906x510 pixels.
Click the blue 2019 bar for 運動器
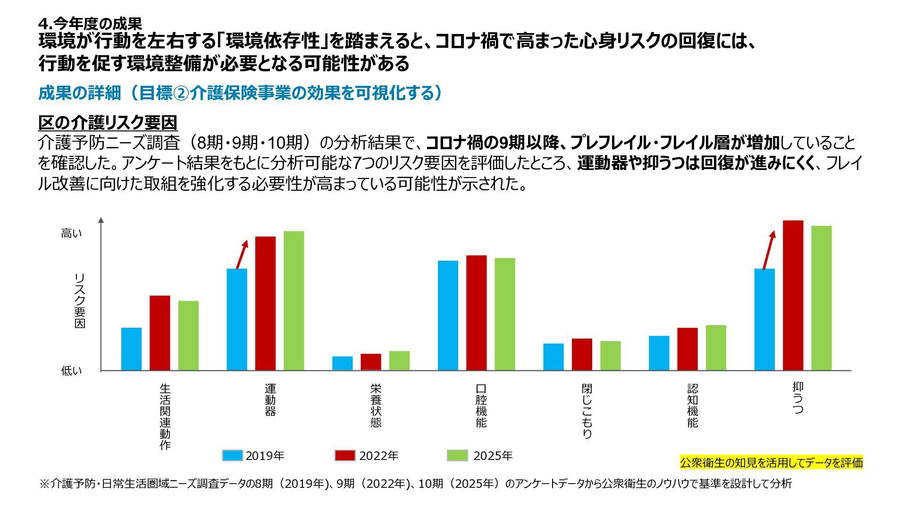pos(237,319)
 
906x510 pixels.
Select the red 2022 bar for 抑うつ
pos(793,295)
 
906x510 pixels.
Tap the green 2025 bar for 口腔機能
pos(505,314)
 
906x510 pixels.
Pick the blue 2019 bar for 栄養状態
pos(343,363)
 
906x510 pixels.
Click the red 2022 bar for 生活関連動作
pos(160,333)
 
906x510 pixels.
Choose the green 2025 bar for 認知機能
pos(716,348)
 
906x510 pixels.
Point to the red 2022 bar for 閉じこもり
pos(582,354)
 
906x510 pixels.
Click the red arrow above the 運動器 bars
pos(242,255)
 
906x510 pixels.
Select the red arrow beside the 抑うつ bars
pos(769,250)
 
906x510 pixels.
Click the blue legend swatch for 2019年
pos(232,455)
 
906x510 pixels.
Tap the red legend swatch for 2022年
pos(345,455)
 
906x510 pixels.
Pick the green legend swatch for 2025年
pos(457,455)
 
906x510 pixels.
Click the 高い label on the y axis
pos(71,233)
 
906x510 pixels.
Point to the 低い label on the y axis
pos(71,371)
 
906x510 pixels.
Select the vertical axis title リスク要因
pos(80,300)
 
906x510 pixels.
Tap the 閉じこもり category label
pos(587,411)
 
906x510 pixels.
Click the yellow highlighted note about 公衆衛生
pos(771,462)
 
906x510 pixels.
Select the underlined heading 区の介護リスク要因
pos(108,123)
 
